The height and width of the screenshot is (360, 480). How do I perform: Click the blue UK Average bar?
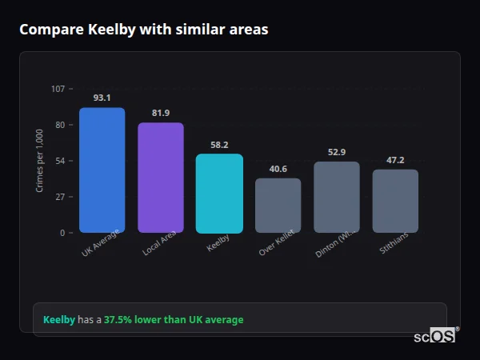[x=102, y=170]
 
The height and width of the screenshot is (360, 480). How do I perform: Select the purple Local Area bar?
[x=161, y=178]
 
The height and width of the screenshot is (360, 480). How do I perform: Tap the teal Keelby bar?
[x=219, y=193]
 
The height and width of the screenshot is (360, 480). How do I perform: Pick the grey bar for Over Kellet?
[x=278, y=205]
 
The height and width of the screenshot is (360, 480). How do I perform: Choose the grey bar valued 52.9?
[x=337, y=197]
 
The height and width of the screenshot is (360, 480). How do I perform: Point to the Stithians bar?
[x=395, y=201]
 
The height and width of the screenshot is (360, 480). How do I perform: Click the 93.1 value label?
[x=102, y=98]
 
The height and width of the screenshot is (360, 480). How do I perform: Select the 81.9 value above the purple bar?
[x=161, y=113]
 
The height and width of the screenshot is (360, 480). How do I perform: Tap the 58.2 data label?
[x=219, y=145]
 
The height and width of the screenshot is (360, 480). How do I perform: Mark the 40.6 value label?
[x=278, y=169]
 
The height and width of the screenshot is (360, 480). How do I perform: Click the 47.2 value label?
[x=395, y=160]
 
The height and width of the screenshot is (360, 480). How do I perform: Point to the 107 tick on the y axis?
[x=58, y=89]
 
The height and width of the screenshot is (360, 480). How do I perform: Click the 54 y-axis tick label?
[x=60, y=161]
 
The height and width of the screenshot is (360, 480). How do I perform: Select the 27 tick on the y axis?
[x=60, y=197]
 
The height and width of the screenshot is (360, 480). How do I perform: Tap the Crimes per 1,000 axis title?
[x=39, y=160]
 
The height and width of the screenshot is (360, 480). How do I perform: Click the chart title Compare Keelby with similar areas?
[x=144, y=30]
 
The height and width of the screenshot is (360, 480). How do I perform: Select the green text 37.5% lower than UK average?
[x=174, y=319]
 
